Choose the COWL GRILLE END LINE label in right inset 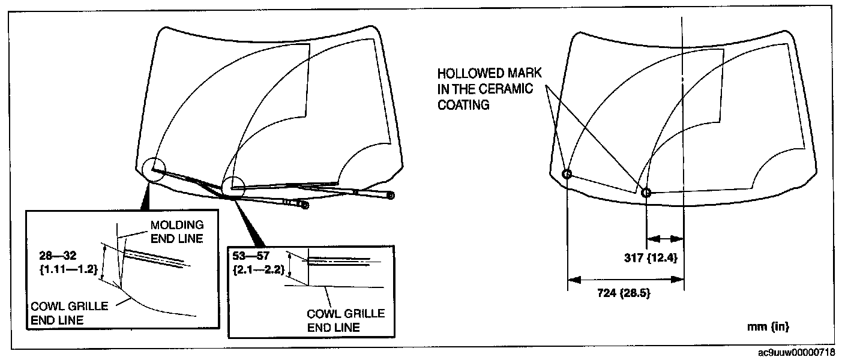(346, 320)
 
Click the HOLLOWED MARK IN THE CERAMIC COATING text (489, 89)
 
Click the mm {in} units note (768, 327)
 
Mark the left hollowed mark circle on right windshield (567, 174)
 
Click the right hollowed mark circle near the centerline (646, 193)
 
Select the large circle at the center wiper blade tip (233, 187)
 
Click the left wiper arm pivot (305, 205)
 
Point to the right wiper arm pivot (391, 195)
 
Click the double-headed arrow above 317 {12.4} (664, 239)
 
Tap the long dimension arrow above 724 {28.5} (625, 280)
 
